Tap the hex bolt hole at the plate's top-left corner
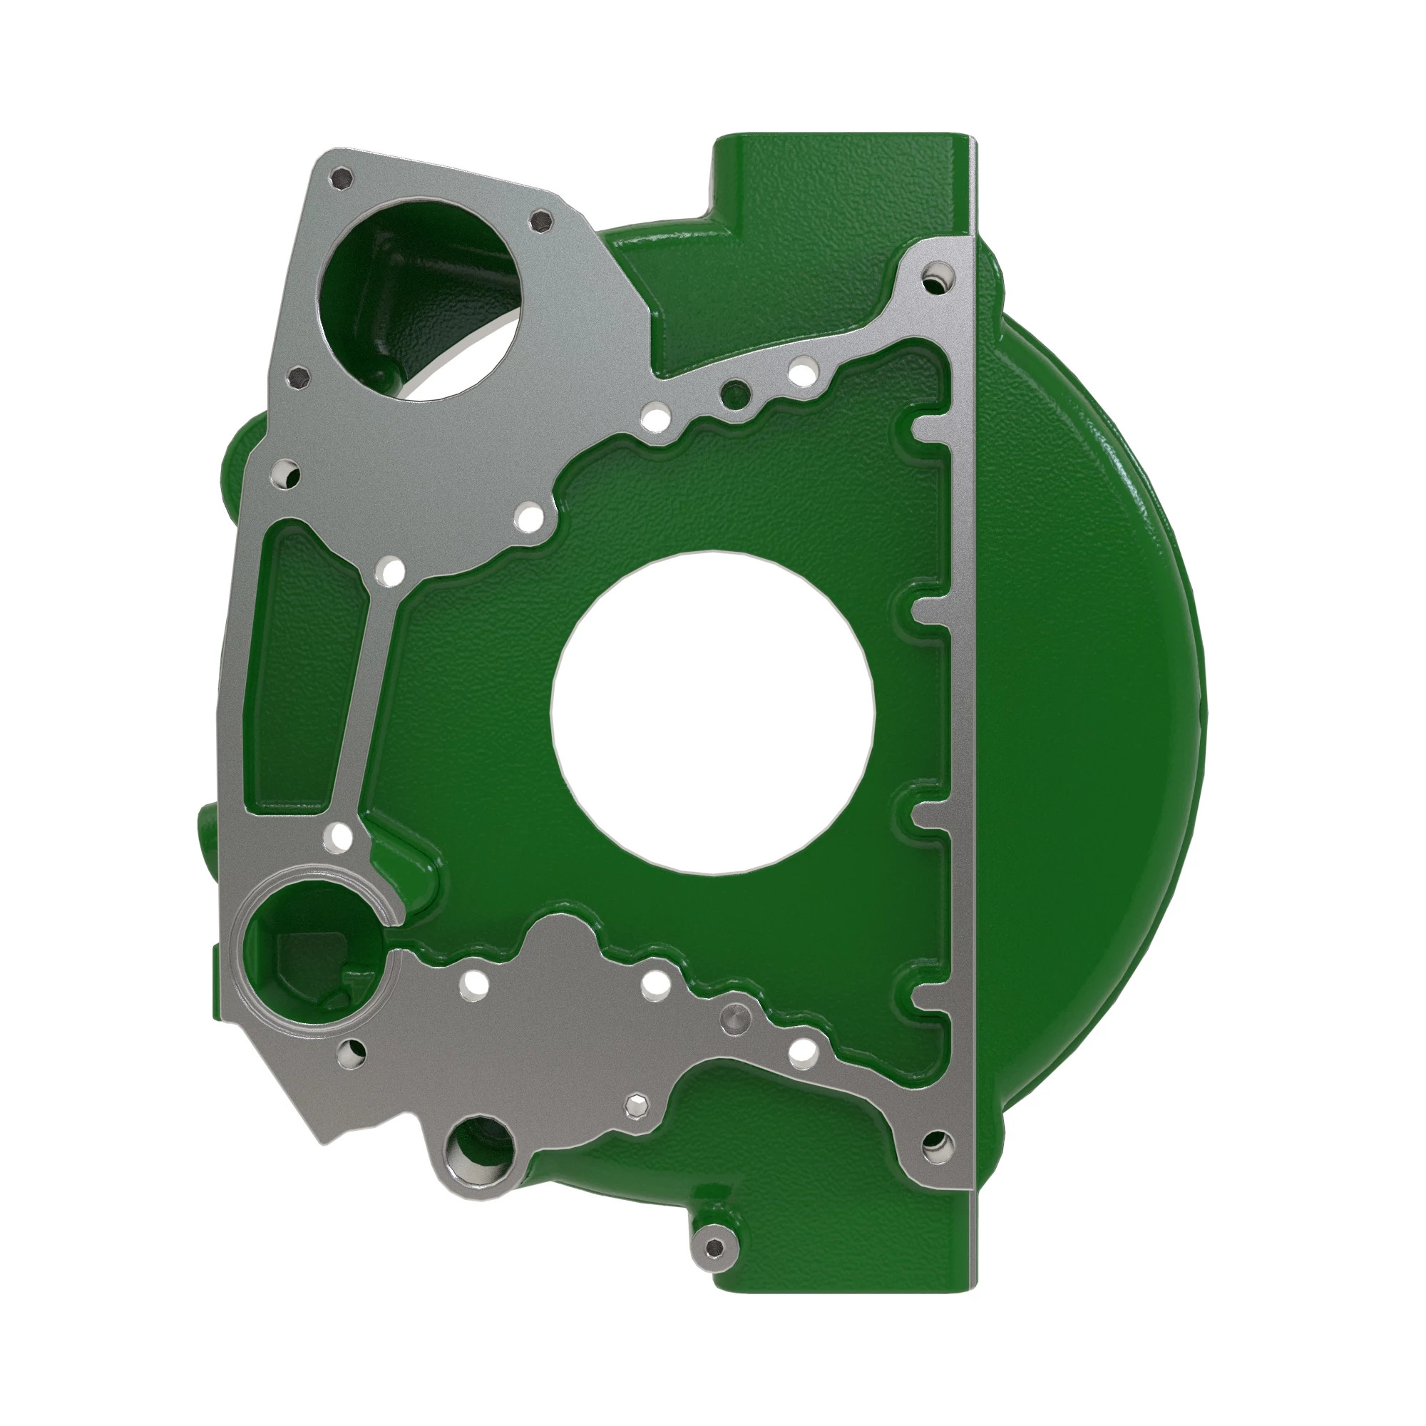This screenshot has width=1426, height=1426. tap(342, 179)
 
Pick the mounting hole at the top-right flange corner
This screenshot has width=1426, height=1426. tap(938, 279)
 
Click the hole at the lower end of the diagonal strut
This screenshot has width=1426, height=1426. tap(341, 836)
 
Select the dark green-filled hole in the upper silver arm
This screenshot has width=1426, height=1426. tap(735, 395)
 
